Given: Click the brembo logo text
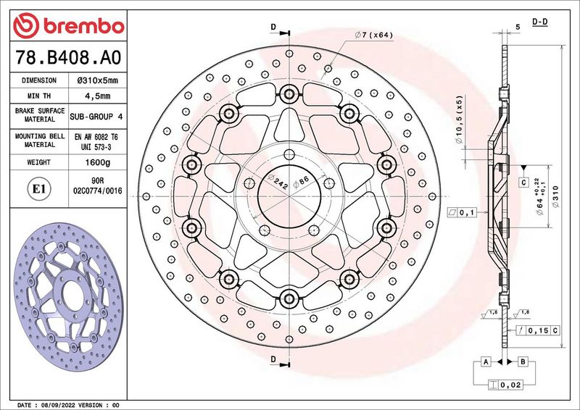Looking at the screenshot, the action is coord(84,26).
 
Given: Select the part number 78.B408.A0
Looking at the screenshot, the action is coord(68,57).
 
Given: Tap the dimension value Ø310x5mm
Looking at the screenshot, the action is coord(98,80).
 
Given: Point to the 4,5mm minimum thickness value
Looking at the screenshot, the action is coord(98,96).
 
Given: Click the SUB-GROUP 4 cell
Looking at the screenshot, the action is coord(96,117).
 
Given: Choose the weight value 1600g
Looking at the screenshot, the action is coord(98,162).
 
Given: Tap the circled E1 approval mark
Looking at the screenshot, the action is coord(39,189).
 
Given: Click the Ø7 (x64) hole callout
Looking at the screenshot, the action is coord(373,35).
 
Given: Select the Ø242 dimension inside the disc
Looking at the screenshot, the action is coord(278,182).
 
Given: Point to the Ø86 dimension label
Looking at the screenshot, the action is coord(301,182).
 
